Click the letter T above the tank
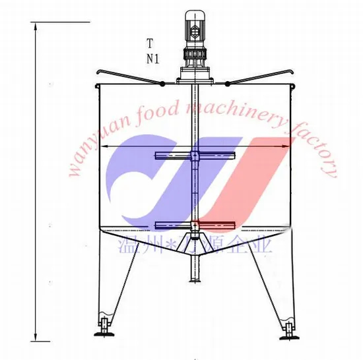(150, 44)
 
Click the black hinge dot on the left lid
(161, 83)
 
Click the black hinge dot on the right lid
(227, 83)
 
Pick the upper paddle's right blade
(218, 156)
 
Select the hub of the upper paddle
(195, 156)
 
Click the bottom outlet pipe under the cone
(195, 264)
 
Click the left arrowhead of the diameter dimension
(104, 146)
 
